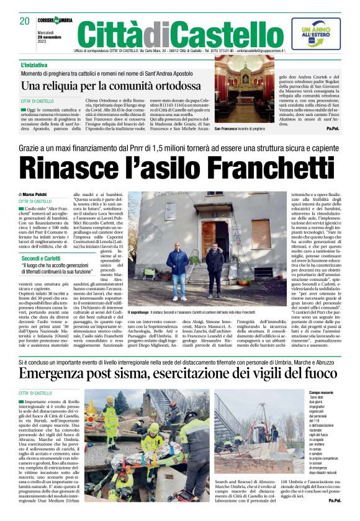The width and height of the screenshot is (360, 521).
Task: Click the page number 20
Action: point(24,21)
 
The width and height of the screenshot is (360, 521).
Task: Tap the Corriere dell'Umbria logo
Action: point(54,20)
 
